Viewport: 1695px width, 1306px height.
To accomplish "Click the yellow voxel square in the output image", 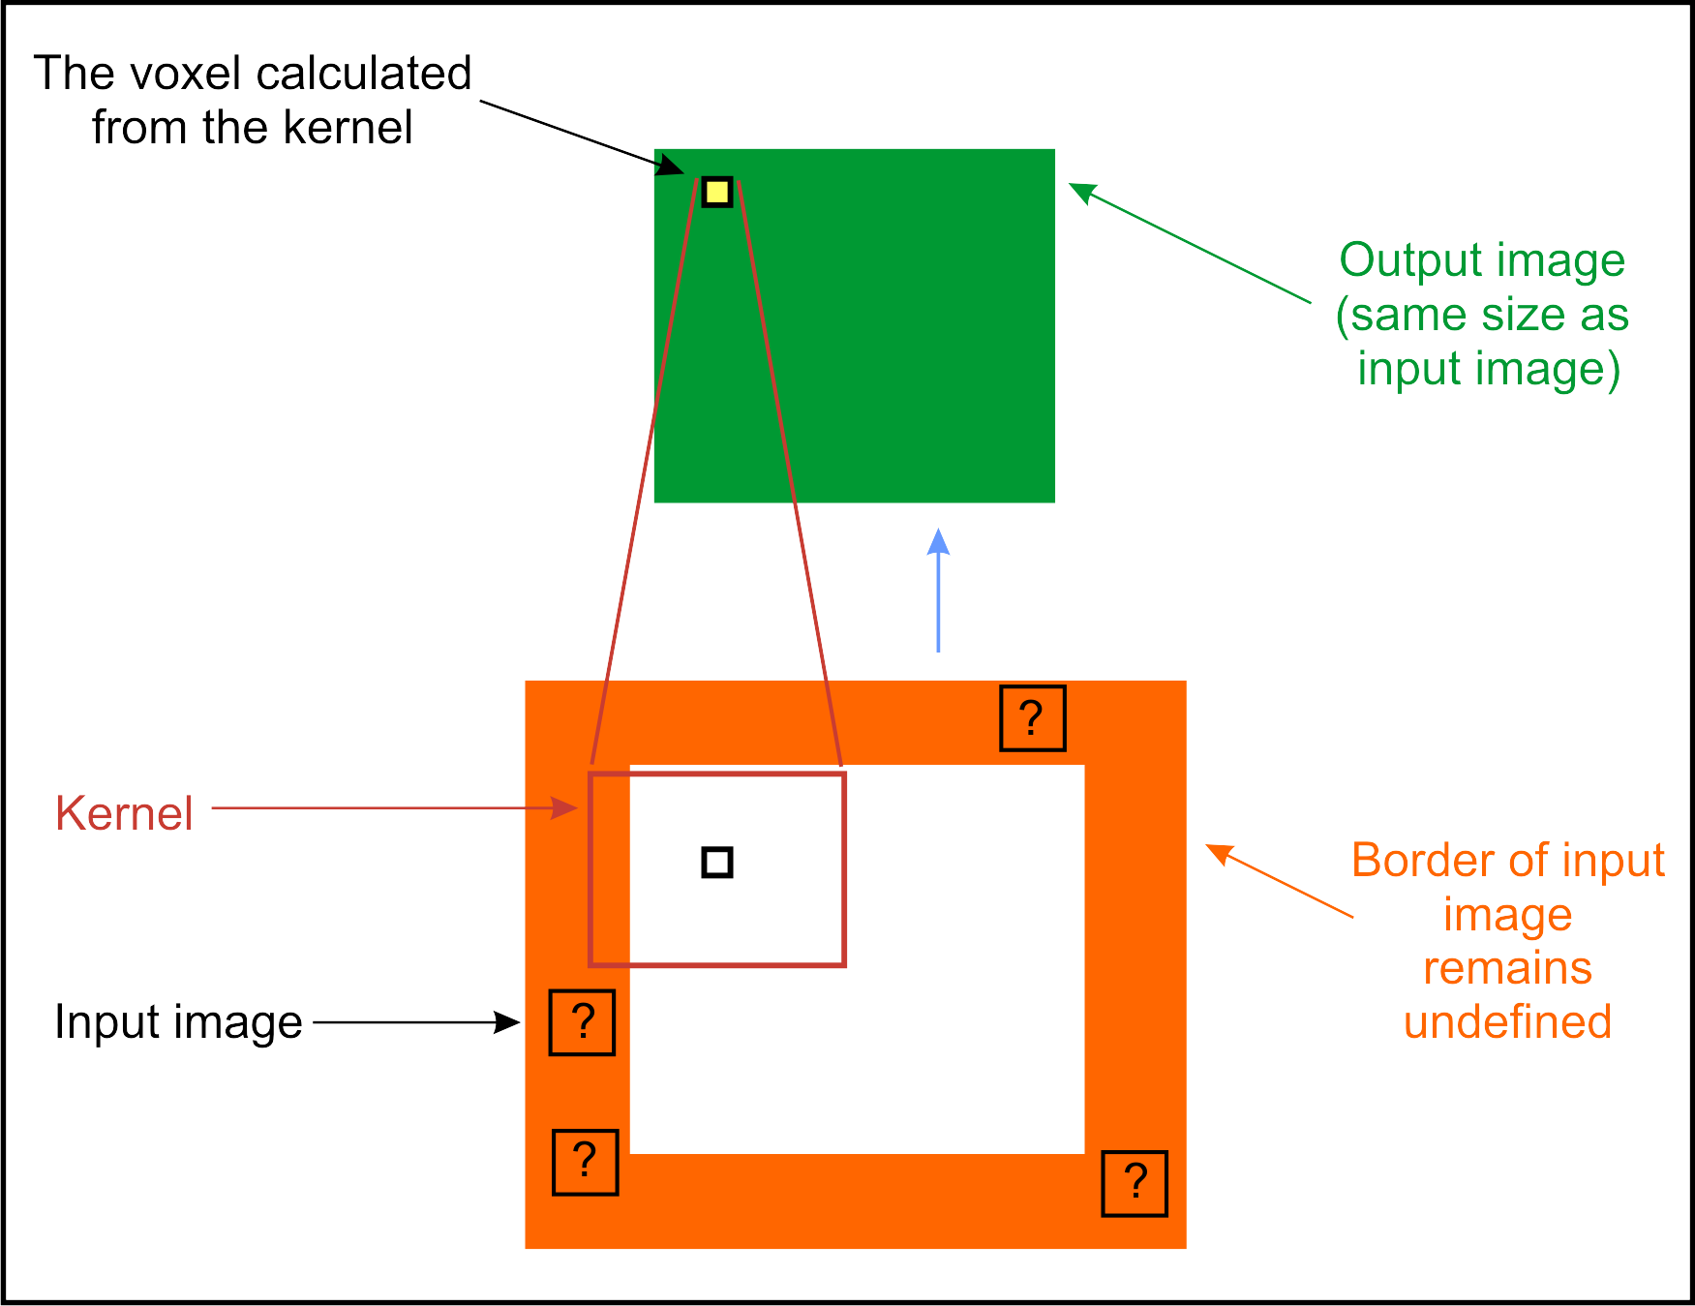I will coord(717,192).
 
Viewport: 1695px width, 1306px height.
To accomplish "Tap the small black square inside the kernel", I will coord(717,862).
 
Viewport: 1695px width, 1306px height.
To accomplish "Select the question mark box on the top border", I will coord(1032,718).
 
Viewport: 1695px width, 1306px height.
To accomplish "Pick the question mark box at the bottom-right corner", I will coord(1135,1183).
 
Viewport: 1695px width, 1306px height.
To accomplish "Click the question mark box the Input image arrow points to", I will coord(582,1022).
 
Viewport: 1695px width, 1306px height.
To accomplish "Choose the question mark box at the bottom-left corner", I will coord(585,1162).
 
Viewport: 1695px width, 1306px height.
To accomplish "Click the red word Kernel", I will coord(124,813).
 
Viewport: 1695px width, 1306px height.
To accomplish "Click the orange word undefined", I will coord(1507,1022).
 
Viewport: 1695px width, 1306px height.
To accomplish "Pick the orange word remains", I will coord(1507,968).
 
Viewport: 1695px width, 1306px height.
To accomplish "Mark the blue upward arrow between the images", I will coord(938,591).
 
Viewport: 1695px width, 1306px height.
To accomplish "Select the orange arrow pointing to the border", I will coord(1278,881).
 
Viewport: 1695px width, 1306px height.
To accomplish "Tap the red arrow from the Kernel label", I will coord(395,807).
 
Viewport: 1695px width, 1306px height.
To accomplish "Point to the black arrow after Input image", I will coord(416,1021).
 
